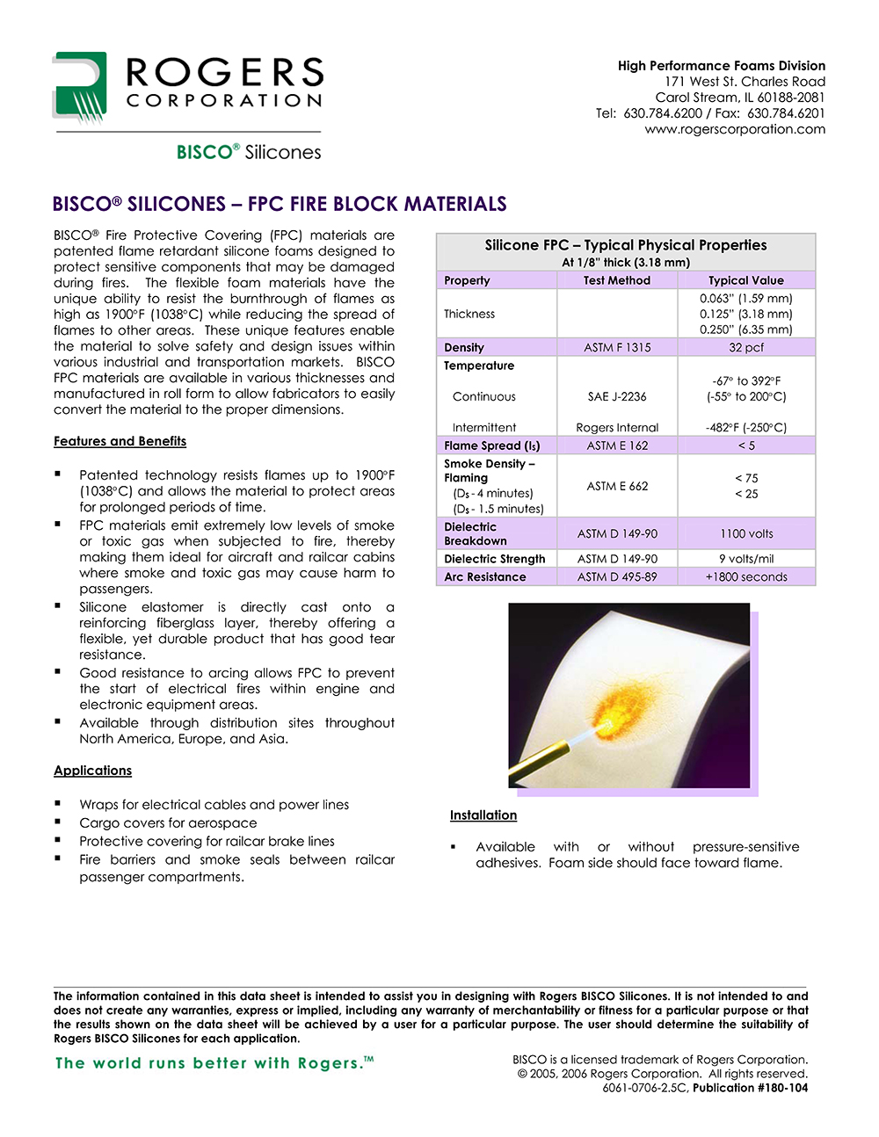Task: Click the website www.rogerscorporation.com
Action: coord(735,129)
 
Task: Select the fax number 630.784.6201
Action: coord(786,113)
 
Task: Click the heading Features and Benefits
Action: coord(120,441)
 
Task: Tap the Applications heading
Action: coord(92,771)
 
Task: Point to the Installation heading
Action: coord(483,815)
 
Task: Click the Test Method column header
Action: coord(617,280)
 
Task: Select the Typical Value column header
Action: coord(746,280)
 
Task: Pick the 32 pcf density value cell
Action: coord(746,347)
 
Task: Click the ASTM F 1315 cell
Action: coord(617,347)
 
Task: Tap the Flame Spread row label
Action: coord(492,445)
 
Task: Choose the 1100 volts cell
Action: coord(746,533)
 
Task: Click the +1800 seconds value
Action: coord(746,576)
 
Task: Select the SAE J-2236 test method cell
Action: coord(617,396)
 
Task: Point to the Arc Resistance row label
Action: coord(485,576)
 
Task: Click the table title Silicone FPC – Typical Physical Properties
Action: coord(626,245)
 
